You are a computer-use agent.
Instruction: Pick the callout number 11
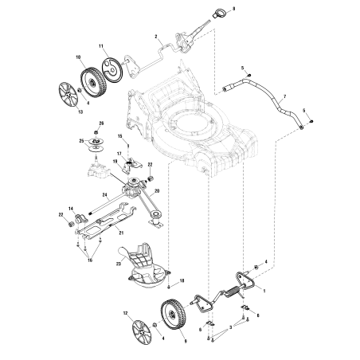[101, 48]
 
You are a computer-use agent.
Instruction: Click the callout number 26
[101, 123]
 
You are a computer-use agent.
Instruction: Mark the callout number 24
[105, 195]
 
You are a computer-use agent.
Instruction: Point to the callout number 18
[182, 281]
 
